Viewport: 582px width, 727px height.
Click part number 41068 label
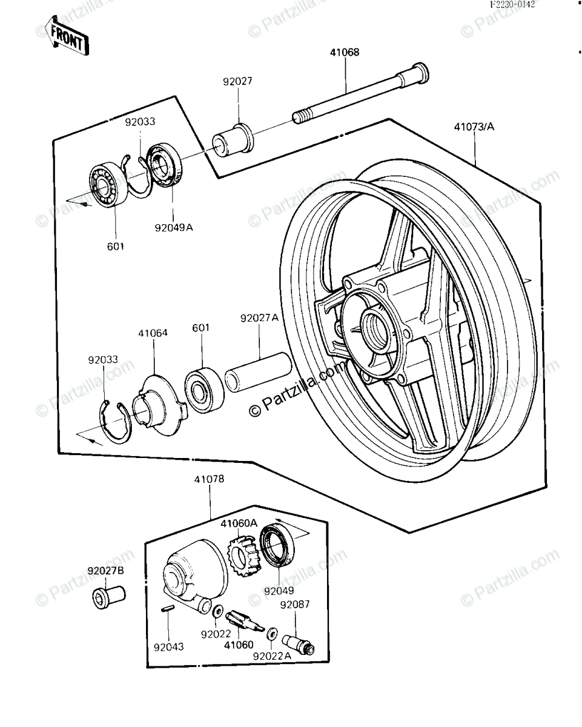click(345, 53)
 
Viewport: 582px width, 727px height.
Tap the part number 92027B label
click(105, 571)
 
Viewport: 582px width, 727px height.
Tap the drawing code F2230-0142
click(513, 5)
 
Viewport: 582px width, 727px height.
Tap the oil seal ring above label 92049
click(277, 546)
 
